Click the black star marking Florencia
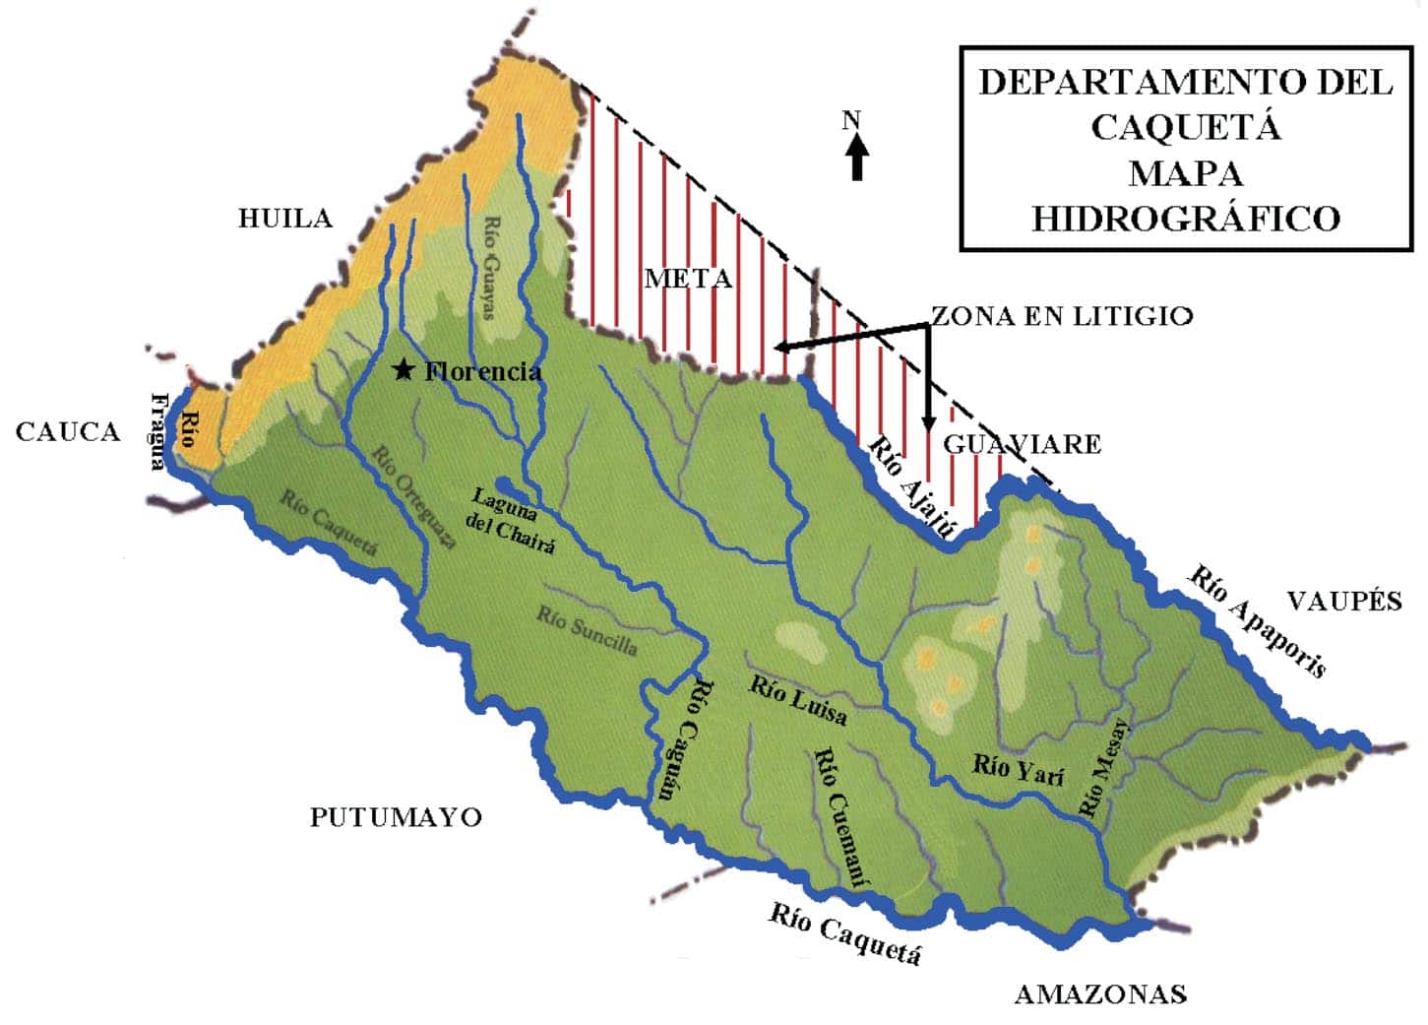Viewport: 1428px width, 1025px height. click(403, 370)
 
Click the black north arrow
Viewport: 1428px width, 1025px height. click(856, 158)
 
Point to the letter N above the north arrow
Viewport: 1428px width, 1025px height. click(851, 120)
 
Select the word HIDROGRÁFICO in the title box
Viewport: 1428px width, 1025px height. click(1185, 218)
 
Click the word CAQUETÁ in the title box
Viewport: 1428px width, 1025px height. click(1185, 127)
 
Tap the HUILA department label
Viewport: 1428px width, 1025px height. click(285, 218)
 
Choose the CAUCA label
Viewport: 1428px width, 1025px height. click(68, 431)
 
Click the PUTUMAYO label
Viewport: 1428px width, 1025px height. click(396, 817)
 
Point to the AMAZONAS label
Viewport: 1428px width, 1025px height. click(1100, 994)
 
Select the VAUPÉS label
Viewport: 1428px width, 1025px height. click(1344, 601)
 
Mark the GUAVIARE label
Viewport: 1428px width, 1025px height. click(1022, 444)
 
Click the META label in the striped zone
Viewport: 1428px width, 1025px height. click(688, 279)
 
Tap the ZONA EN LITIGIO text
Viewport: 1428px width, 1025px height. click(1062, 315)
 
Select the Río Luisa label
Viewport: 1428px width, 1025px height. click(798, 700)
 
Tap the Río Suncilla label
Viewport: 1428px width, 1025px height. click(587, 630)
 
